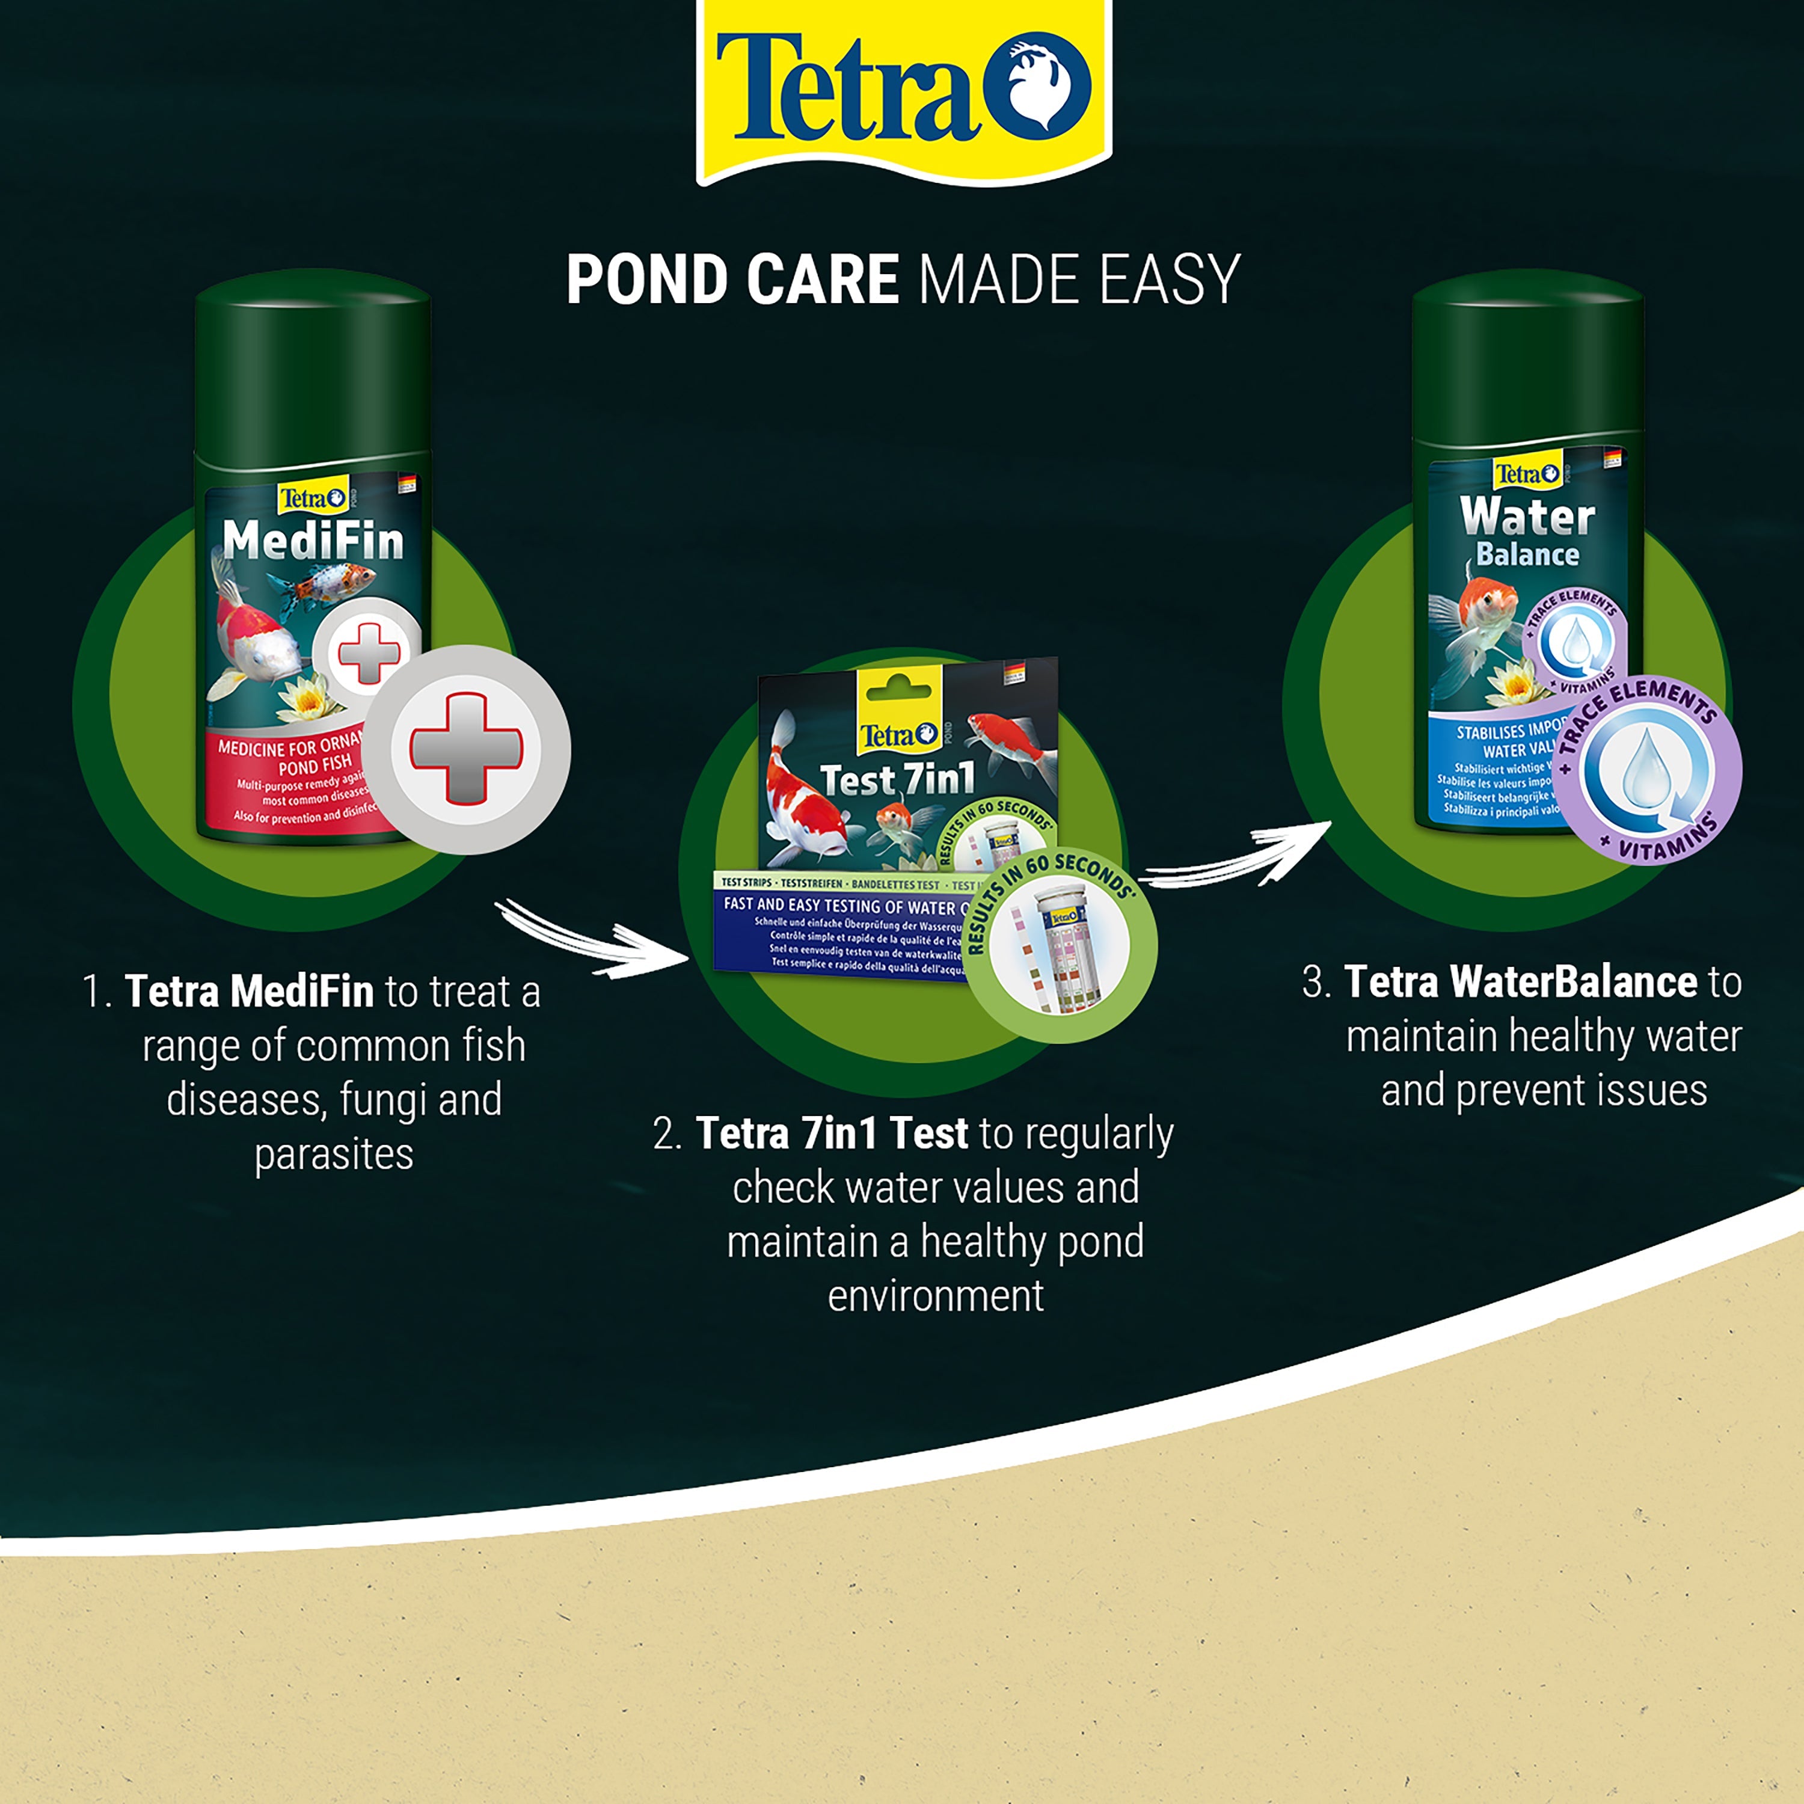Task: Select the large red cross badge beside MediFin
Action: click(466, 749)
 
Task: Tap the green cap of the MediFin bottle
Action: click(313, 364)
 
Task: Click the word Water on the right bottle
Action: click(1527, 515)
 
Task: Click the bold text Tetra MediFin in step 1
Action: click(250, 992)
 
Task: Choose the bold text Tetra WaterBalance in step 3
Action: click(1520, 983)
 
